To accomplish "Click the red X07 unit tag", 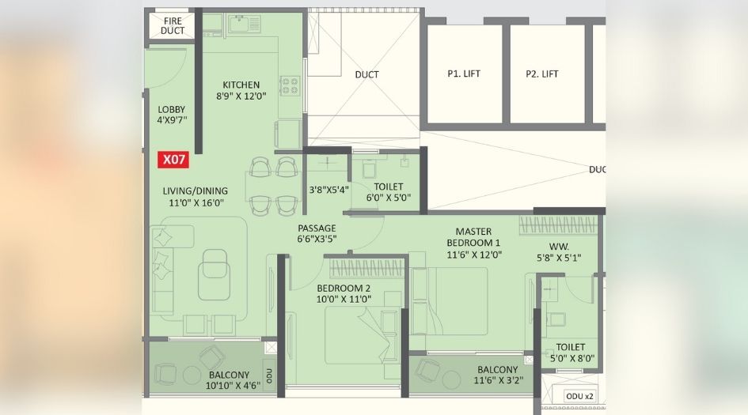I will [174, 159].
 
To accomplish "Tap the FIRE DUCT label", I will [172, 25].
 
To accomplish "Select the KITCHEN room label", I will [241, 85].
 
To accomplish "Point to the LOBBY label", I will [172, 110].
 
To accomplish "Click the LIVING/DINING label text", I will [195, 191].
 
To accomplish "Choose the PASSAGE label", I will [317, 228].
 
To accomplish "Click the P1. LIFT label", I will [464, 74].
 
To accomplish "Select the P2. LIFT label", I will [542, 74].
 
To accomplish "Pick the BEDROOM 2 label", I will [344, 288].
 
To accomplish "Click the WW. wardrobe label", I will [554, 245].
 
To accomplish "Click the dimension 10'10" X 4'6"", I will [229, 387].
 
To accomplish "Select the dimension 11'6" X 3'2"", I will [497, 382].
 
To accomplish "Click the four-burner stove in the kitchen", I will [289, 85].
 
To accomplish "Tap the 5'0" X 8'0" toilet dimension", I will [570, 359].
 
